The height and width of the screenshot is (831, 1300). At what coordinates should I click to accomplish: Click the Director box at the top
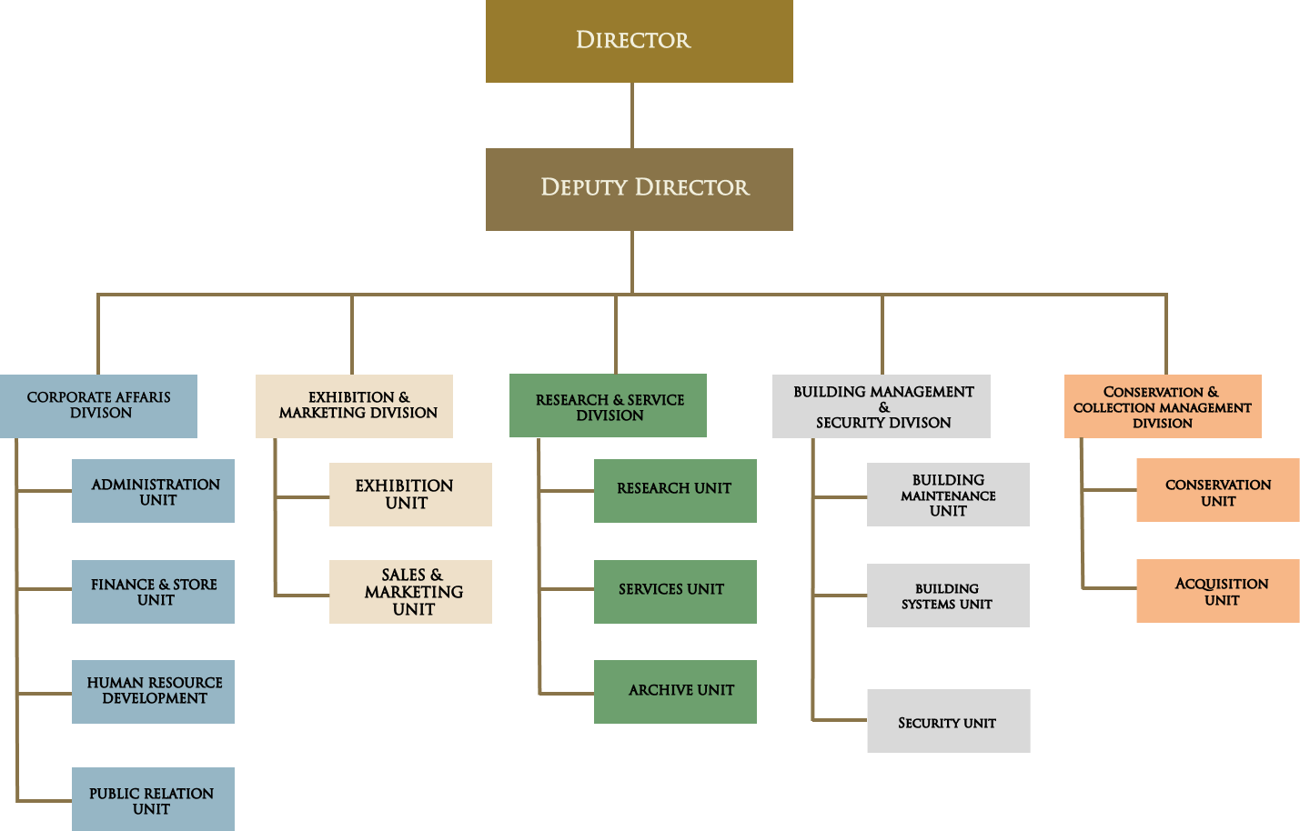click(x=639, y=41)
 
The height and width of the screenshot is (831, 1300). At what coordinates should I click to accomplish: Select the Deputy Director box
click(x=639, y=189)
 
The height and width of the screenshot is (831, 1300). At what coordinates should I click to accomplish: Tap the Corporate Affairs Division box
click(x=98, y=405)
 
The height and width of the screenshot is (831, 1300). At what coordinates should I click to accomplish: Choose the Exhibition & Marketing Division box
click(x=354, y=405)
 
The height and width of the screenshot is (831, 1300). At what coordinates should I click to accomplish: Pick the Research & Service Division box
click(x=608, y=405)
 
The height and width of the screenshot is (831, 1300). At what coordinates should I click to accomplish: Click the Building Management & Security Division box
click(x=881, y=406)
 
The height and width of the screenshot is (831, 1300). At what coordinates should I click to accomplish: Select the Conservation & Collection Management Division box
click(x=1163, y=406)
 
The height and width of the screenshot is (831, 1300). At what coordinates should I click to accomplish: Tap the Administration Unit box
click(x=153, y=491)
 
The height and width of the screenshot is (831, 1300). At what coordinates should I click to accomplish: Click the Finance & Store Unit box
click(x=153, y=592)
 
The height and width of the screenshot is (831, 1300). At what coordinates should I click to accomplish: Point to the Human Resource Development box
click(x=153, y=692)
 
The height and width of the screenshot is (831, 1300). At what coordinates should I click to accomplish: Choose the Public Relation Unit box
click(x=153, y=799)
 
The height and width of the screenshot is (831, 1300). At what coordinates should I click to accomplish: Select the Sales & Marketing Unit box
click(x=410, y=592)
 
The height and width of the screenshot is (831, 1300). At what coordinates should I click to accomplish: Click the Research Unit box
click(x=675, y=491)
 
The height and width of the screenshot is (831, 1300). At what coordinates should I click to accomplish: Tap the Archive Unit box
click(x=675, y=692)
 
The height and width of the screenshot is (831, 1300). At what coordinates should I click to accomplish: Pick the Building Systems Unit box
click(x=948, y=596)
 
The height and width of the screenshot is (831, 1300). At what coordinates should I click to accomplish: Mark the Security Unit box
click(x=948, y=721)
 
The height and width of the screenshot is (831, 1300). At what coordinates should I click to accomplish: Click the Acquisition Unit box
click(x=1218, y=591)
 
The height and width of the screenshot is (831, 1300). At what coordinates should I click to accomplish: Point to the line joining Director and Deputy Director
click(x=632, y=115)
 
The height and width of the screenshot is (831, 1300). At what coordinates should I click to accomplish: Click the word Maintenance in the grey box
click(x=948, y=496)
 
